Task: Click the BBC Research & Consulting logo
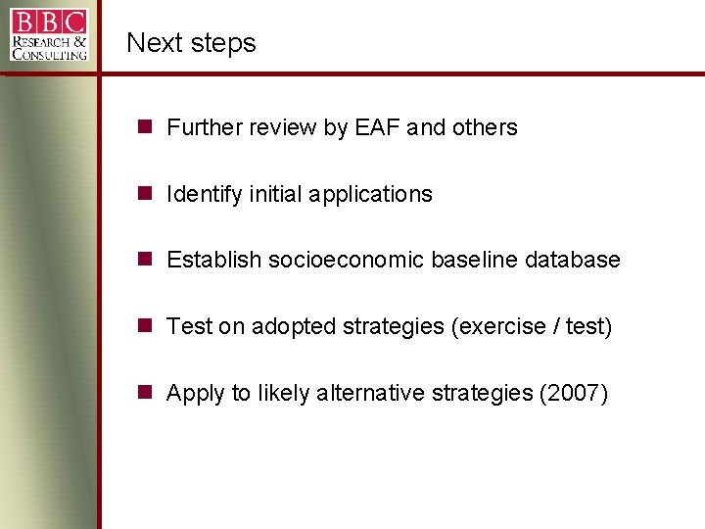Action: (x=49, y=34)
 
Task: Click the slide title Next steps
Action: (x=191, y=43)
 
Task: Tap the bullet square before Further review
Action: (x=144, y=126)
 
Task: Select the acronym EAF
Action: (x=376, y=127)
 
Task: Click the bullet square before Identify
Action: (x=144, y=193)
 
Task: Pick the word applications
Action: (x=370, y=194)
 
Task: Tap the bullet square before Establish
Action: (x=144, y=259)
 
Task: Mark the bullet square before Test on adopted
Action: (x=144, y=325)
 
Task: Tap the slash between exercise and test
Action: (x=554, y=326)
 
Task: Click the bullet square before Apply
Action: (x=144, y=392)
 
